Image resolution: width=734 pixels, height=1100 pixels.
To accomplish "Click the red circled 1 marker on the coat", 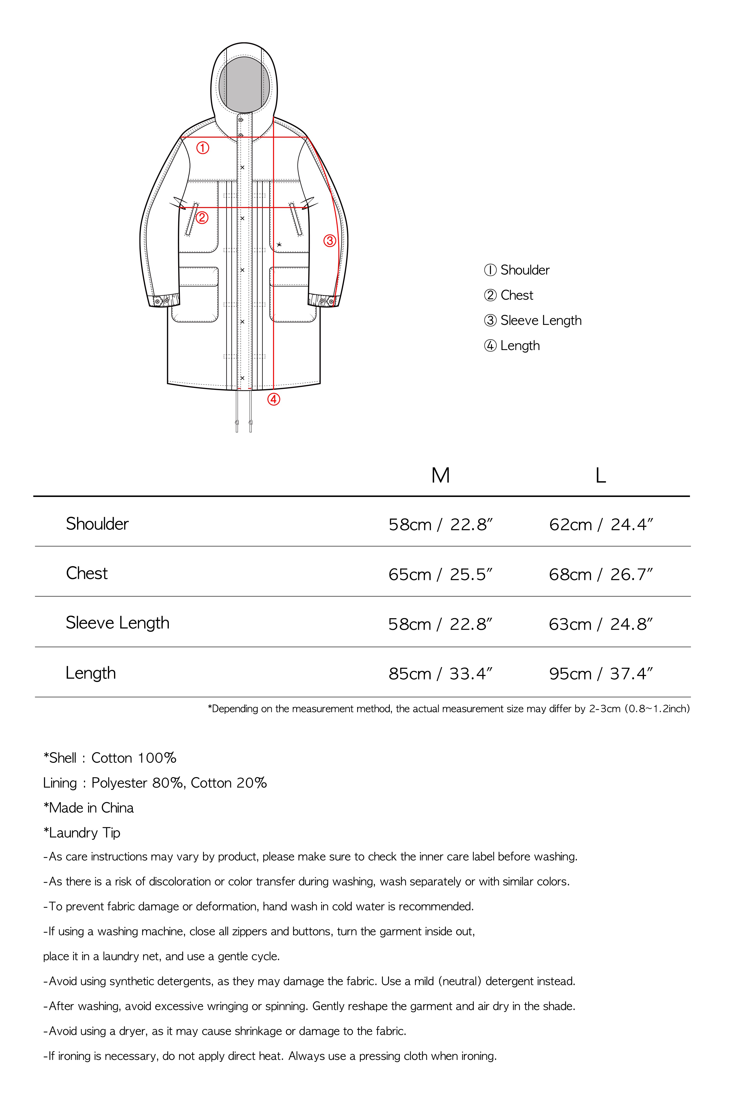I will point(202,148).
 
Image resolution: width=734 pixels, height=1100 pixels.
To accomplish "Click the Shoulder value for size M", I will point(440,525).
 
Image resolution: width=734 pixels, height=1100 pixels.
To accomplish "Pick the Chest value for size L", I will point(601,574).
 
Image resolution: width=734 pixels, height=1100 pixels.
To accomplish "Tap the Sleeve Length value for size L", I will point(601,624).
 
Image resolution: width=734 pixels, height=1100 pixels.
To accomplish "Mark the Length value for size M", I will point(440,674).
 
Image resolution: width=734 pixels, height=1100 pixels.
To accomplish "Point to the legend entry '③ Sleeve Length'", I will point(533,321).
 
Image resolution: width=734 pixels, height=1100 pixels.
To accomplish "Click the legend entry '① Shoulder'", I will point(517,270).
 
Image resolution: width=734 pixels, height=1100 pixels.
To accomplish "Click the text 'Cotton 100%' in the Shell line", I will point(134,758).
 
